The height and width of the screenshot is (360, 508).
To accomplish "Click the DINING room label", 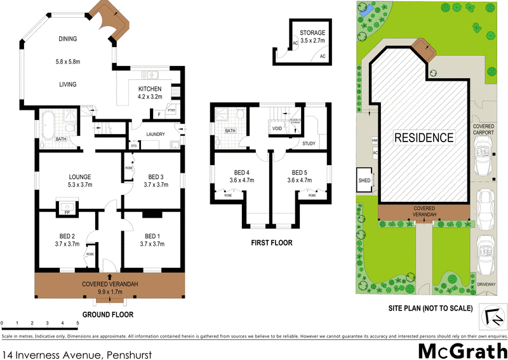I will click(x=67, y=39).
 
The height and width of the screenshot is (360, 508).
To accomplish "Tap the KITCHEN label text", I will click(x=150, y=89).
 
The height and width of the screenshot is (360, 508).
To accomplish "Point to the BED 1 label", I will click(x=152, y=235).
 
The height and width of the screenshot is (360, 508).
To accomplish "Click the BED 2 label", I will click(x=67, y=235).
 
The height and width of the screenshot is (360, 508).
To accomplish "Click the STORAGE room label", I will click(x=312, y=33).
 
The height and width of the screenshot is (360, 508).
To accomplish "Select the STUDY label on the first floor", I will click(x=309, y=143).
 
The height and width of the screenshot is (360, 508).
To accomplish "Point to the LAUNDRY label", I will click(x=156, y=135).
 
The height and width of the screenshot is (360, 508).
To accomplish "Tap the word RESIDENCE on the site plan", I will click(x=424, y=137).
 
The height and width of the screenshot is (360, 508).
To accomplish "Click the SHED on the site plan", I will click(x=365, y=180).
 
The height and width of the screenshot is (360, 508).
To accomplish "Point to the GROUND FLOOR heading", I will click(x=108, y=314).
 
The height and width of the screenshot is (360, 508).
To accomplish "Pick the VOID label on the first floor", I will click(x=277, y=128).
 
